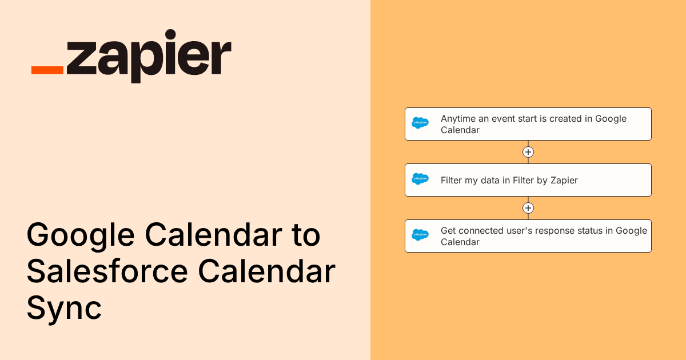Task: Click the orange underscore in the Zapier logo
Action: tap(47, 70)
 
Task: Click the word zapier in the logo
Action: tap(149, 57)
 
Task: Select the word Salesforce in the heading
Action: tap(107, 271)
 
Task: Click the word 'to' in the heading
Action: tap(306, 235)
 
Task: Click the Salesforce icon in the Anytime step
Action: tap(420, 123)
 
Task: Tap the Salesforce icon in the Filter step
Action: tap(420, 179)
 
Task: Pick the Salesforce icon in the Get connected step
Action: tap(420, 235)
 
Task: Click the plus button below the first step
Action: tap(528, 152)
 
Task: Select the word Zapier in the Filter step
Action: tap(564, 181)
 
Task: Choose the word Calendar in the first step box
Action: tap(460, 130)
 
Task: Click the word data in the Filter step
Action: tap(490, 181)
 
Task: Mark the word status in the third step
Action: tap(590, 231)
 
